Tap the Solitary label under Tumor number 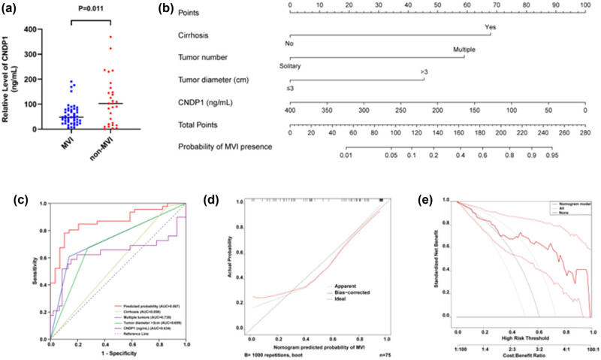point(295,66)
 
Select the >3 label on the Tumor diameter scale point(424,73)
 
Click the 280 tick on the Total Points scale point(584,132)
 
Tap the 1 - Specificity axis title point(117,352)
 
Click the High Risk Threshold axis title point(524,337)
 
